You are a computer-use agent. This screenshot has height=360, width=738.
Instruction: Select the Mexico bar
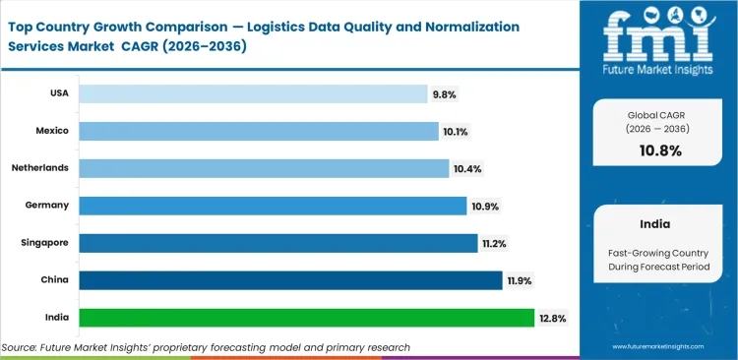tap(258, 131)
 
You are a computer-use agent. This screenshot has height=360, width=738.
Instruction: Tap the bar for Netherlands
tap(264, 168)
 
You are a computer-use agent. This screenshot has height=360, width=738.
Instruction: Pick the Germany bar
tap(273, 205)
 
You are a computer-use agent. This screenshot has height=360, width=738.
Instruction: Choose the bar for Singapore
tap(277, 242)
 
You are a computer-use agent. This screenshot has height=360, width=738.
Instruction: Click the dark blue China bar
tap(290, 279)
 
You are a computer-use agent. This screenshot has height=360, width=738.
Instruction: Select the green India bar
tap(306, 317)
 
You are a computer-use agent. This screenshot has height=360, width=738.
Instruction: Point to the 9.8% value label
tap(444, 94)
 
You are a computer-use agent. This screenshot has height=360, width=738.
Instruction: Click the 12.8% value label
tap(551, 318)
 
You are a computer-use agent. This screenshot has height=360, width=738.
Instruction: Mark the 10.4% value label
tap(466, 168)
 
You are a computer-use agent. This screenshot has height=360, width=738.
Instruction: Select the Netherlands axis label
tap(40, 168)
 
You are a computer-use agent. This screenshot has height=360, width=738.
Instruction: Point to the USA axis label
tap(58, 93)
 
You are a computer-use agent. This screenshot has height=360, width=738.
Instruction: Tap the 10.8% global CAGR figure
tap(659, 150)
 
